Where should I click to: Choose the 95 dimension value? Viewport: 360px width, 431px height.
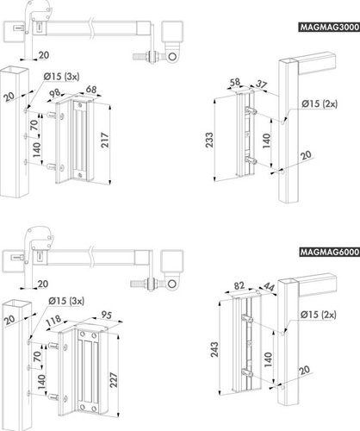click(105, 315)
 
